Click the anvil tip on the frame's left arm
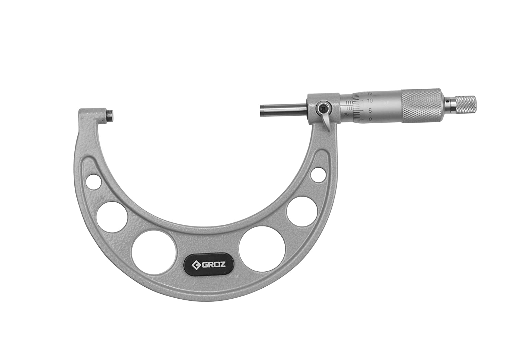(x=110, y=116)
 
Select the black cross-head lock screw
(x=322, y=108)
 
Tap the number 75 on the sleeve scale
(x=346, y=114)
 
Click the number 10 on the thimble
(x=370, y=101)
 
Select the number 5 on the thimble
(x=370, y=110)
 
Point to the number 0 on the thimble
(x=370, y=119)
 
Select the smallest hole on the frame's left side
(x=94, y=182)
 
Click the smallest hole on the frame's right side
(x=318, y=174)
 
